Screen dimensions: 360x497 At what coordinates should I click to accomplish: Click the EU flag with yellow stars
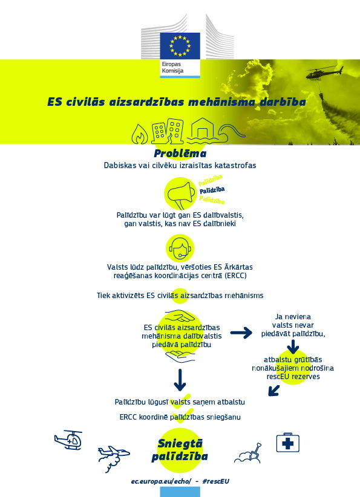[180, 45]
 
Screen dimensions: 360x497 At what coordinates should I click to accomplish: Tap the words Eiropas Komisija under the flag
[172, 68]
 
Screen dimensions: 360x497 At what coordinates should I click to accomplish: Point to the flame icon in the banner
[140, 134]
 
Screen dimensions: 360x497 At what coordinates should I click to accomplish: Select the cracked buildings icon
[168, 131]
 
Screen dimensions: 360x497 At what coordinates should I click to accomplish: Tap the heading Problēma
[180, 154]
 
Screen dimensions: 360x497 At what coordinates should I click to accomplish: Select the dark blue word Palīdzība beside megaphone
[212, 190]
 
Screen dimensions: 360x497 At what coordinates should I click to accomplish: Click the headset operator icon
[180, 248]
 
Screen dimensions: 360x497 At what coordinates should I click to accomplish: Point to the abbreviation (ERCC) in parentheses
[235, 276]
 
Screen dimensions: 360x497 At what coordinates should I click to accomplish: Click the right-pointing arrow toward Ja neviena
[241, 333]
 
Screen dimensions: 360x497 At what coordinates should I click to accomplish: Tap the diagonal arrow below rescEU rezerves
[273, 391]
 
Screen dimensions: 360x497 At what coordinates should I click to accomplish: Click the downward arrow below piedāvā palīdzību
[180, 380]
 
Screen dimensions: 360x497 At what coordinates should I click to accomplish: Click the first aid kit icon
[287, 442]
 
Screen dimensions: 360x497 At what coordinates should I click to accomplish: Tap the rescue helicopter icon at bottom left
[68, 440]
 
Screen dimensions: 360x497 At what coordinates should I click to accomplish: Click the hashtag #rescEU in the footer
[215, 481]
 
